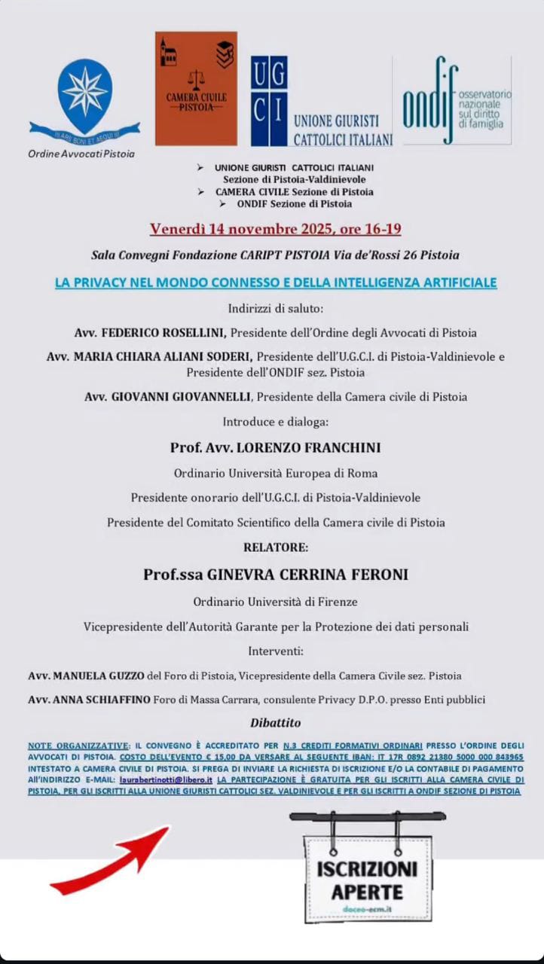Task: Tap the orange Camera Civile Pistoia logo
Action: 196,88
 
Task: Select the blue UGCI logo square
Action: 269,100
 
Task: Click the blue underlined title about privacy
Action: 275,283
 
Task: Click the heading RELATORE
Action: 275,548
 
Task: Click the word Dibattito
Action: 275,723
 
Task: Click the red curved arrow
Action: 111,861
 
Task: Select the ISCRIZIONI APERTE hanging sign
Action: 367,880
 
